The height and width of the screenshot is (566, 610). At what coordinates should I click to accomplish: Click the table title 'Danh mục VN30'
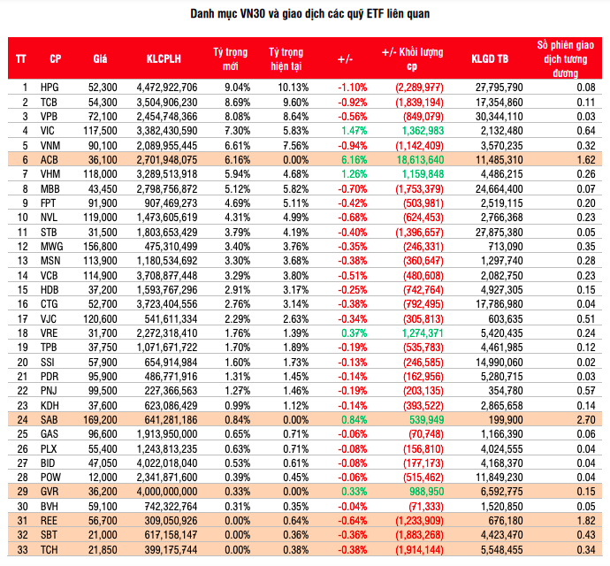[x=305, y=15]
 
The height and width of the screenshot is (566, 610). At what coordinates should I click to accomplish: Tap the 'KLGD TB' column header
[x=490, y=59]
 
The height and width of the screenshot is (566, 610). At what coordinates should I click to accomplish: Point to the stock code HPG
[x=50, y=88]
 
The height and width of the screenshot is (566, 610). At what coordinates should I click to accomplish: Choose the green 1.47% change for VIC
[x=353, y=130]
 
